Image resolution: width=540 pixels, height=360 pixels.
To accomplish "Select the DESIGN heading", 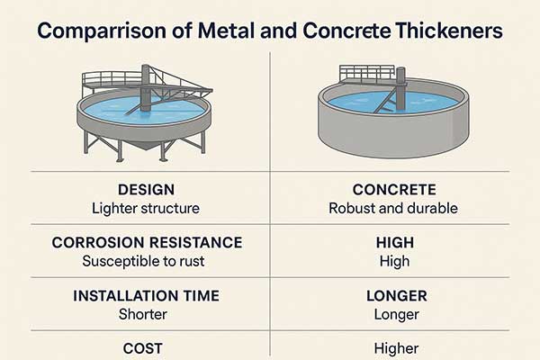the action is point(146,190).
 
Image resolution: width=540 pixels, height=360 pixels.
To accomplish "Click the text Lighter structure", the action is point(146,209).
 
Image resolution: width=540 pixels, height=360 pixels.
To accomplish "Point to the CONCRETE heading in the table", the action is point(394,190).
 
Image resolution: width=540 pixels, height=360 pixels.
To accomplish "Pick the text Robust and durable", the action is point(393,209).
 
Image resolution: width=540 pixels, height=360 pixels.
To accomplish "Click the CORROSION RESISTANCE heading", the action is point(147,242).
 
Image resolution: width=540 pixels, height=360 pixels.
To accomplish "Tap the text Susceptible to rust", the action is point(143,261).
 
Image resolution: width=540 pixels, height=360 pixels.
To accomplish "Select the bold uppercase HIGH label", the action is point(395,242).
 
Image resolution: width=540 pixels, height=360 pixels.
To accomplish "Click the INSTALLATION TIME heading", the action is point(146,296).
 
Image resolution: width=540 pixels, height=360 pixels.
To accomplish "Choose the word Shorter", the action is point(143,314).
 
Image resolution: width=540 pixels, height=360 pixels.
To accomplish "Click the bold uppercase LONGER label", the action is point(396,296).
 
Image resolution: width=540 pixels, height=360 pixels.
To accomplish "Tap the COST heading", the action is point(142,348).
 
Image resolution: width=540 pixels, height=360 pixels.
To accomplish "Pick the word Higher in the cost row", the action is point(396,348).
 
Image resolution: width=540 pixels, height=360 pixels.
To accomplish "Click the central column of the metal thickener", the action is point(146,88).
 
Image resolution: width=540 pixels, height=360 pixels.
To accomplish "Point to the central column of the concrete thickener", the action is point(400,88).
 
